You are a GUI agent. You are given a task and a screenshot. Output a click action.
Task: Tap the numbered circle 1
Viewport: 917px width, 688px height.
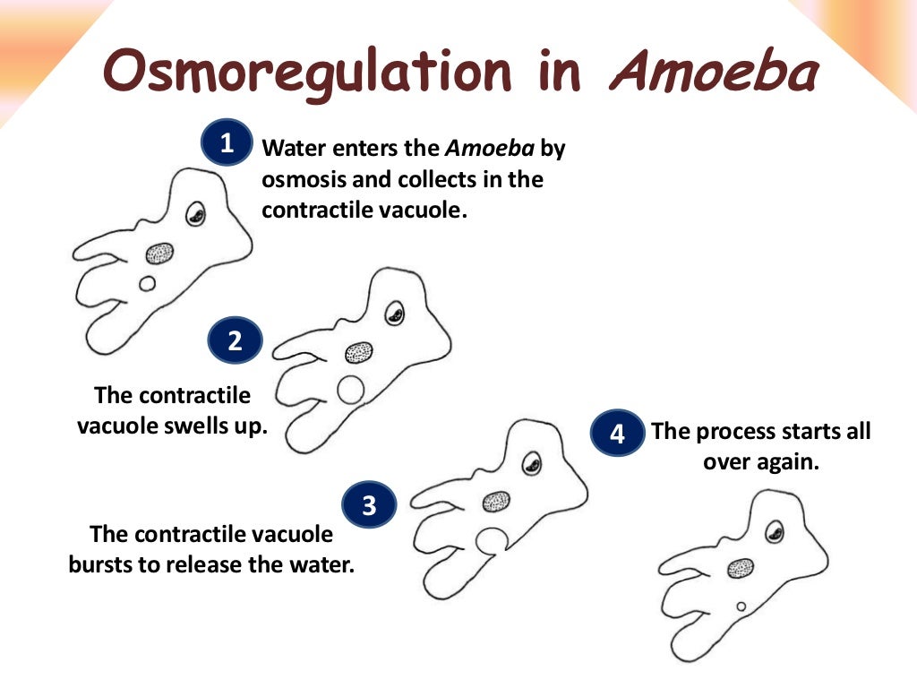(227, 143)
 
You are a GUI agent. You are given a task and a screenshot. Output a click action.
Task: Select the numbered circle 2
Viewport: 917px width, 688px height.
(235, 341)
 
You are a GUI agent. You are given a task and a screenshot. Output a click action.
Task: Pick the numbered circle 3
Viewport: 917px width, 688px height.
(369, 507)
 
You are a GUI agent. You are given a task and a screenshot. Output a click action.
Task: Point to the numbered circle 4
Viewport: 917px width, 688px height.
(617, 434)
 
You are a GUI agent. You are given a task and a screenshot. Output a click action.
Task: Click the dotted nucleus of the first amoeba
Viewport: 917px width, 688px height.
(160, 254)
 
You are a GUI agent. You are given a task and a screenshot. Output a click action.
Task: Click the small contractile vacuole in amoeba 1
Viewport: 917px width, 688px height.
(147, 284)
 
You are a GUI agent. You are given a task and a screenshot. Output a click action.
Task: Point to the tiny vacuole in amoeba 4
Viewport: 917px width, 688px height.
(741, 606)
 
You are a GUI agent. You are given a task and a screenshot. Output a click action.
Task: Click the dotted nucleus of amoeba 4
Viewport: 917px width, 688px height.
(740, 568)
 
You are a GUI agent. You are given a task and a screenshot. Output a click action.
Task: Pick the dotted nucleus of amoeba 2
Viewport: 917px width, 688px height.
(360, 351)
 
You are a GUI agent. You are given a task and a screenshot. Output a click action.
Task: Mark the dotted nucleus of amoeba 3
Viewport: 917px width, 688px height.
(496, 502)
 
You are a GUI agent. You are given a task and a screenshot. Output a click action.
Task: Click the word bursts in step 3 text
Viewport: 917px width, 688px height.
(100, 566)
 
